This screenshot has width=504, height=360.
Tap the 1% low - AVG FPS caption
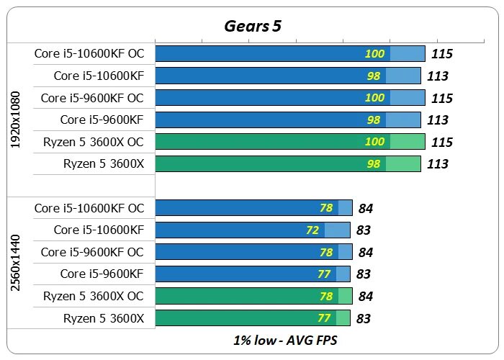pos(284,340)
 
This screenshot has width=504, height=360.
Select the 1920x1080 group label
pos(16,120)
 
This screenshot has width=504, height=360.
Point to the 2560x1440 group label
pos(16,263)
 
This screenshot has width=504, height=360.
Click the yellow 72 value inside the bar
pos(312,230)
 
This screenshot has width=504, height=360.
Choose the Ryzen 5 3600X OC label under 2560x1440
pos(94,296)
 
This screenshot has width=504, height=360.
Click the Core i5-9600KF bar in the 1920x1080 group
pos(288,120)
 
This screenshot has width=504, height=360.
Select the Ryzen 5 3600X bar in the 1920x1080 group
pos(288,163)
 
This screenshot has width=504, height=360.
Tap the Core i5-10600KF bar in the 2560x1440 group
pos(252,230)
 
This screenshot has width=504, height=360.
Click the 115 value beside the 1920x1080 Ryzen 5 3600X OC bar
pos(441,142)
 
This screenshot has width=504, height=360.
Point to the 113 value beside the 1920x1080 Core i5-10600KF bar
pos(438,76)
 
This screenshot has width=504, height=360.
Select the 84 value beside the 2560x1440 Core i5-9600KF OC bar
pos(365,253)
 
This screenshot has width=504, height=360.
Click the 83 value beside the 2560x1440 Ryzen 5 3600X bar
pos(364,318)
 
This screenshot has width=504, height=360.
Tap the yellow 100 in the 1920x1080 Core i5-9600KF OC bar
pos(374,97)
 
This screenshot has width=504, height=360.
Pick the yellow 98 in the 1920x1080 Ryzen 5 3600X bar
pos(373,163)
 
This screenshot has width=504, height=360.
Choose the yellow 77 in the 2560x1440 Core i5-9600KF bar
pos(324,274)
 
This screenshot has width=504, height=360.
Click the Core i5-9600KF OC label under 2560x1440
pos(92,252)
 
